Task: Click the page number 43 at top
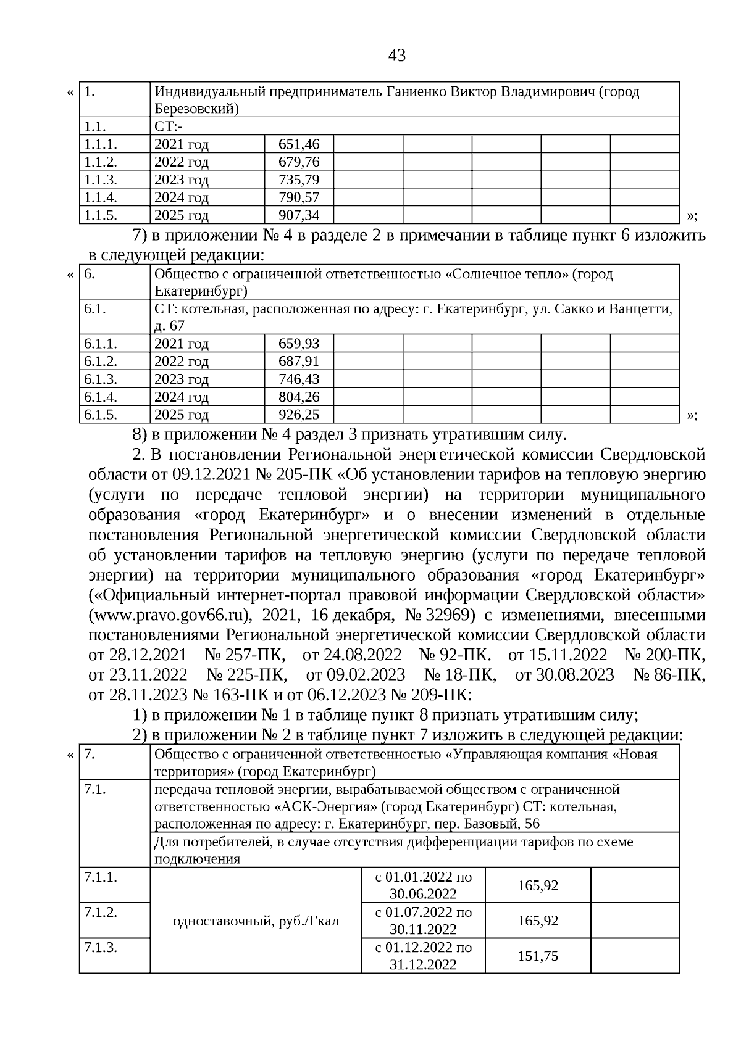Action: coord(397,56)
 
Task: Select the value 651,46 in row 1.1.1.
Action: coord(299,144)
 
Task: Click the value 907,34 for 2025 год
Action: coord(299,215)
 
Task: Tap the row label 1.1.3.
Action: coord(101,180)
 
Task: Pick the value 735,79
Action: coord(299,180)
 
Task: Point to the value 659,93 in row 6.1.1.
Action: coord(299,344)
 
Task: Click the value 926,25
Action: coord(299,415)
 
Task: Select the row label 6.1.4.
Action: coord(101,397)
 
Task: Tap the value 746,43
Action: coord(299,379)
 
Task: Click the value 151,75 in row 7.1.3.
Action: coord(538,956)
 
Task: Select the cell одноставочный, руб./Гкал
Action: coord(256,921)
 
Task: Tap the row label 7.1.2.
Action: coord(101,912)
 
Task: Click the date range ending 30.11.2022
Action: coord(423,921)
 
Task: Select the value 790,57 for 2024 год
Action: coord(299,198)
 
